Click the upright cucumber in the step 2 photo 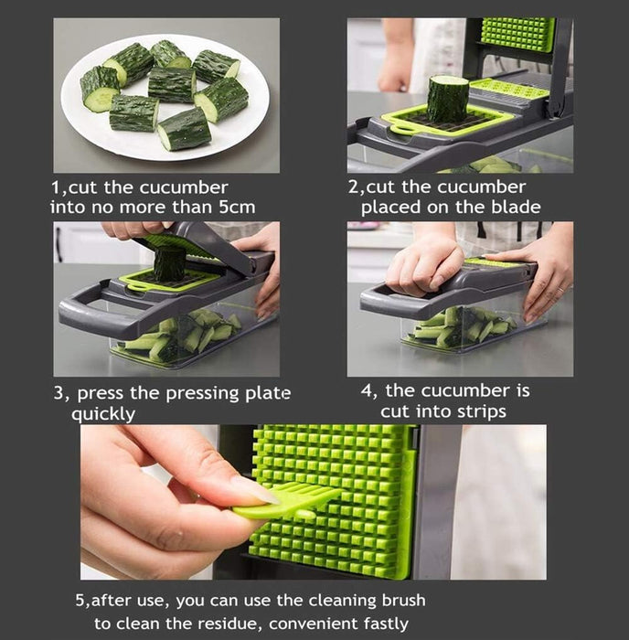coord(447,99)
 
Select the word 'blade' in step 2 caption coord(515,208)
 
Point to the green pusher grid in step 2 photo coord(517,36)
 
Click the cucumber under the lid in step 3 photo coord(168,264)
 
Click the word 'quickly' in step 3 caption coord(103,414)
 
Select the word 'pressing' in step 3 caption coord(188,394)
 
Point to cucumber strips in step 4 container coord(457,328)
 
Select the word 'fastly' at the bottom coord(386,624)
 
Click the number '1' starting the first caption coord(54,187)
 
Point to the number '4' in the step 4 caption coord(367,390)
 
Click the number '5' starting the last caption coord(79,602)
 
